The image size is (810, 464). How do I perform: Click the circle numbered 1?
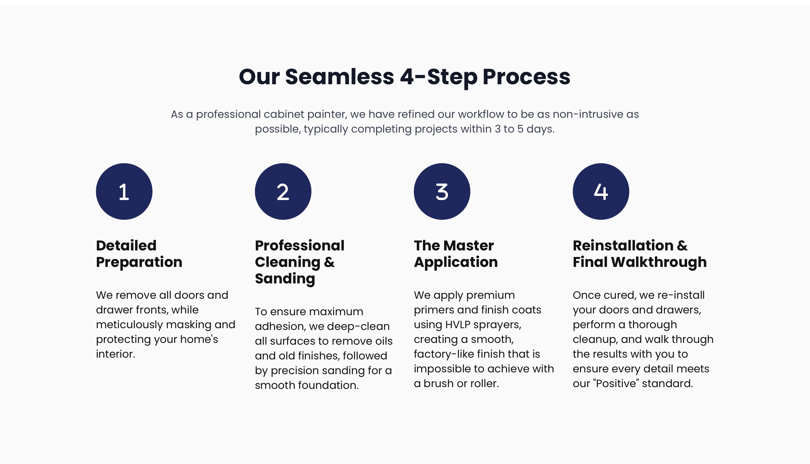point(124,191)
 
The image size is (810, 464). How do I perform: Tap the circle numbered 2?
point(283,191)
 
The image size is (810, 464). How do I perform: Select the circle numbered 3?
point(442,191)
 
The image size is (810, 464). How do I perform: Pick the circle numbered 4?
point(601,191)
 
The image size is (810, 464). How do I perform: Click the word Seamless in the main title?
point(339,77)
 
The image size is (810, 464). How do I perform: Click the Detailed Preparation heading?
point(139,254)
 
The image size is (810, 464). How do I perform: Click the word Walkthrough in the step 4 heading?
point(659,262)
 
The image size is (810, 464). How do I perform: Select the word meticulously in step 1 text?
point(130,325)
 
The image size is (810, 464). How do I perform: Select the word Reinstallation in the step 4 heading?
point(623,246)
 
